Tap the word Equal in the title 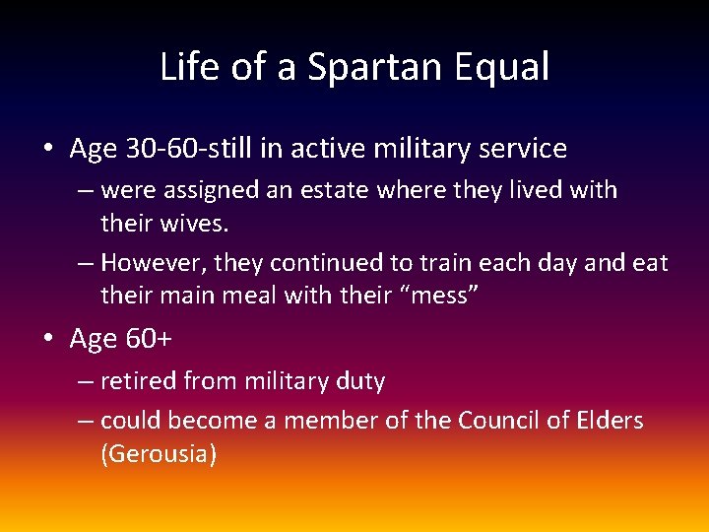503,68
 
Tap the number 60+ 149,339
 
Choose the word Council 501,421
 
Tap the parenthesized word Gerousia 159,454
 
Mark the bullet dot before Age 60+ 48,340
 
